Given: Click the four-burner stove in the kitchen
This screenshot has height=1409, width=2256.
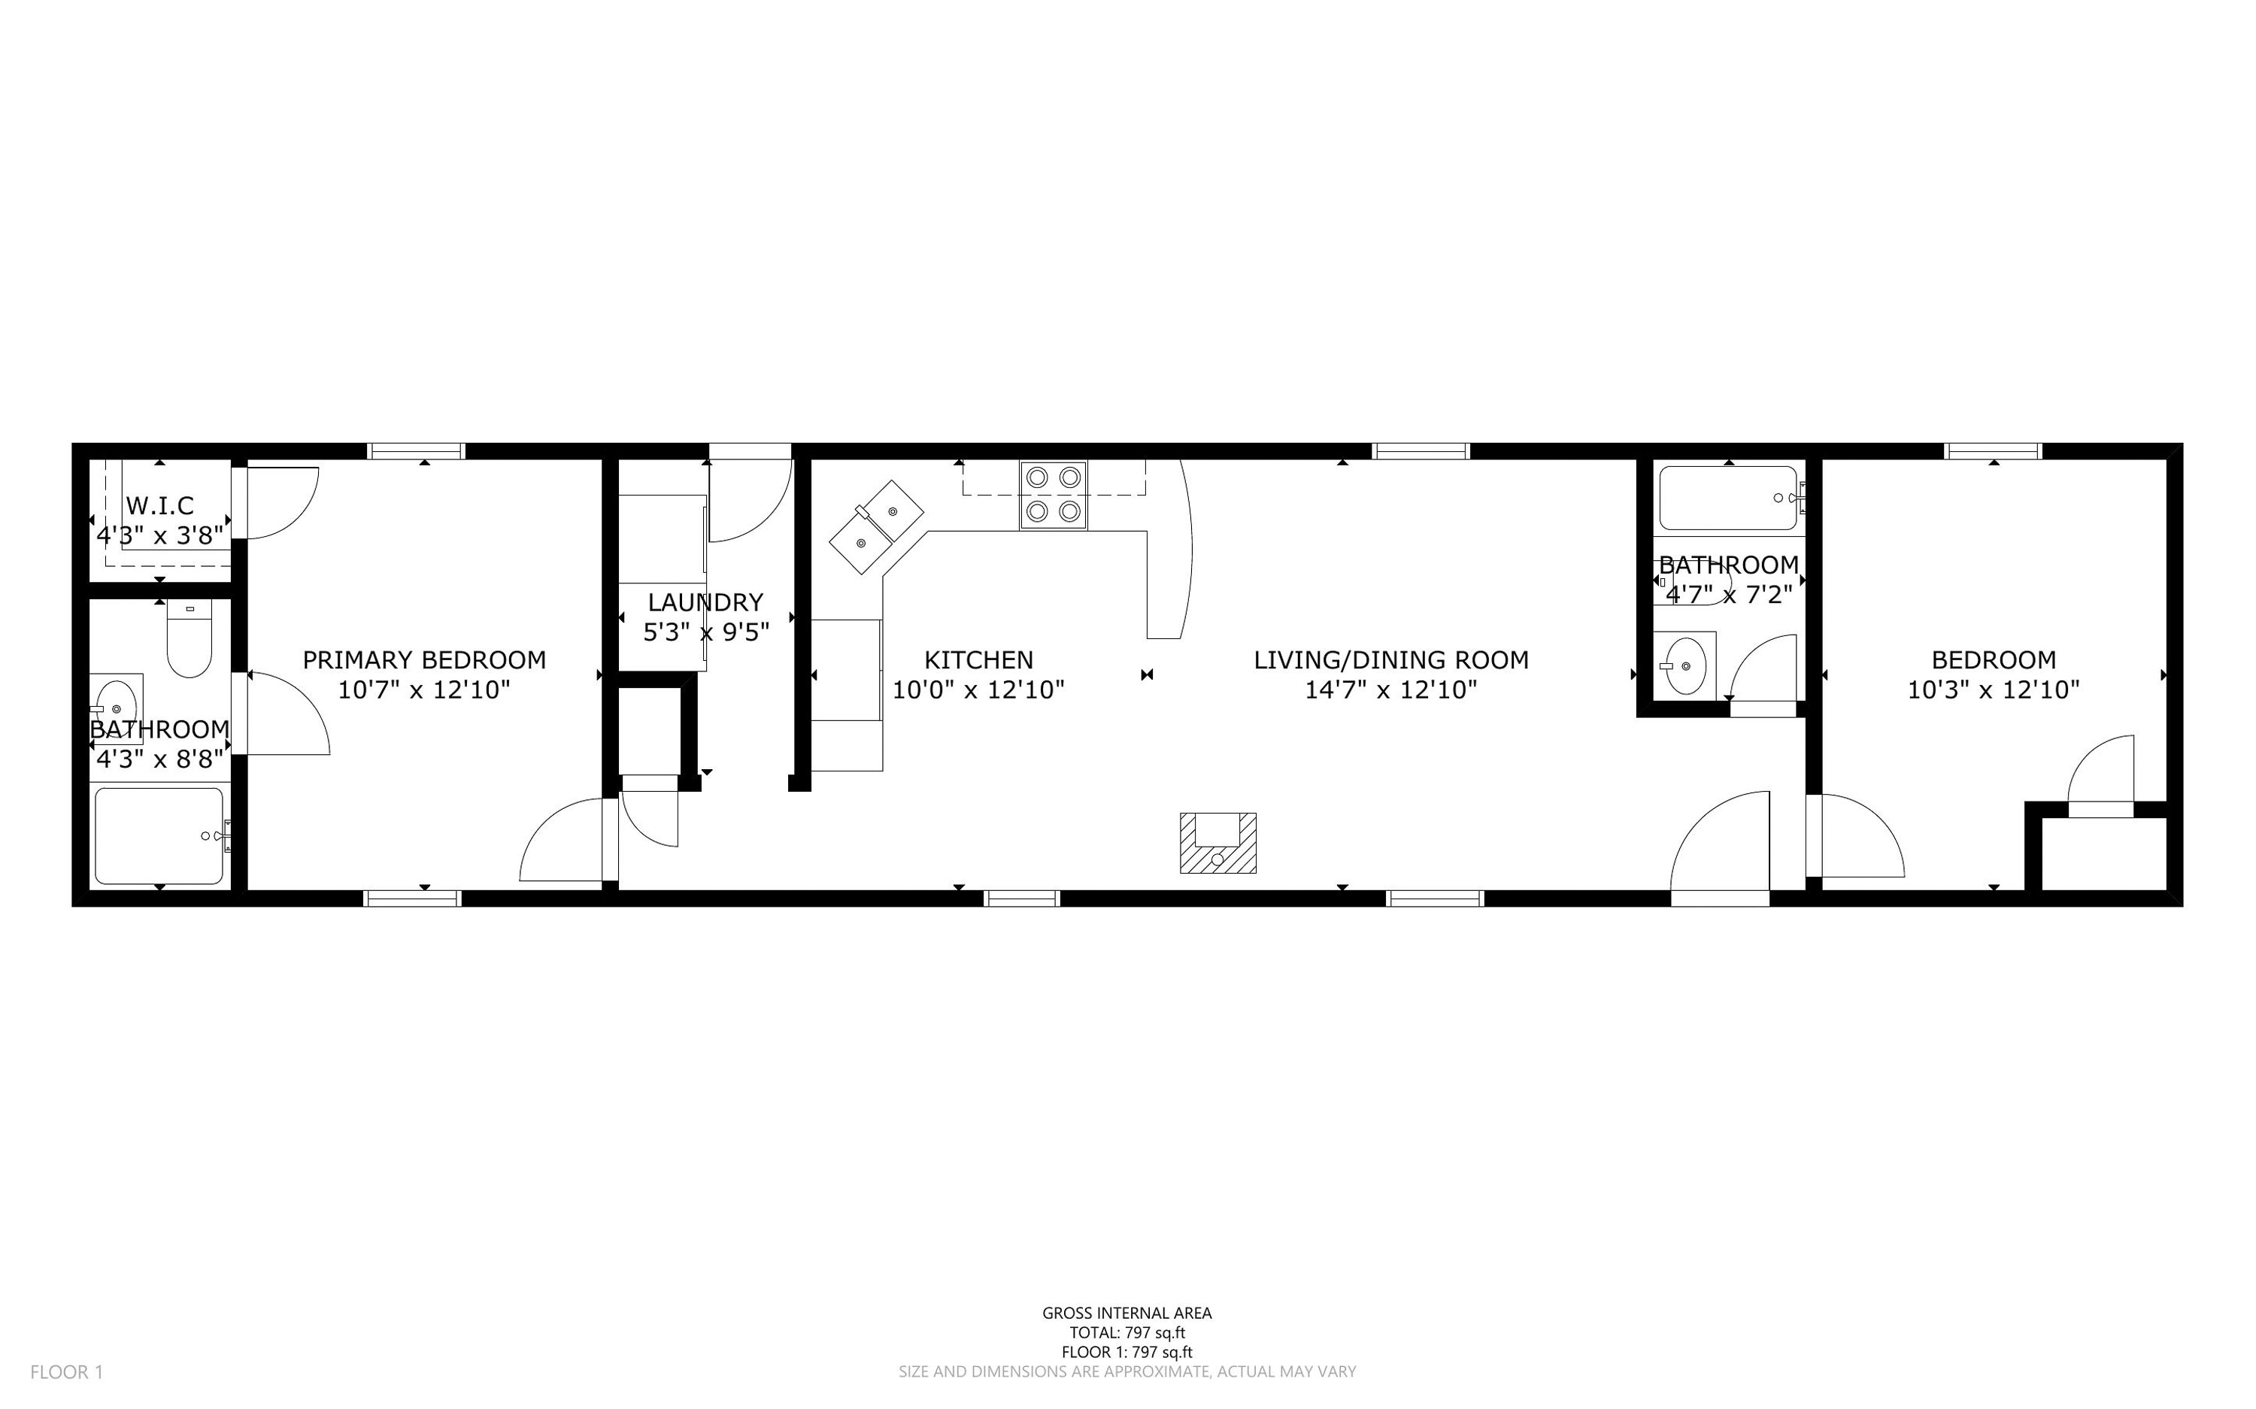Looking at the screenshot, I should (x=1053, y=495).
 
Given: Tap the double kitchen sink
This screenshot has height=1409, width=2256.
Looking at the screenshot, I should (x=876, y=526).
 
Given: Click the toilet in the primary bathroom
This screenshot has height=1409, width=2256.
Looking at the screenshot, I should (x=190, y=638).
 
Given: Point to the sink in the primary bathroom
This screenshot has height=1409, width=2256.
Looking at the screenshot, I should (x=117, y=700).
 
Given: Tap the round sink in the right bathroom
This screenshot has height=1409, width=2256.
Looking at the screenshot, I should (x=1684, y=665).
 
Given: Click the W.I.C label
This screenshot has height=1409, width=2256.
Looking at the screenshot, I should (x=159, y=505).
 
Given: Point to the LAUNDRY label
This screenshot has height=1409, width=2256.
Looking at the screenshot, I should (x=705, y=602).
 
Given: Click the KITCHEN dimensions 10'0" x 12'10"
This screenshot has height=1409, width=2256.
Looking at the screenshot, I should (x=978, y=689).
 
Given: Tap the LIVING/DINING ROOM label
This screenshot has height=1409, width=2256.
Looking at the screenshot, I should (x=1390, y=660).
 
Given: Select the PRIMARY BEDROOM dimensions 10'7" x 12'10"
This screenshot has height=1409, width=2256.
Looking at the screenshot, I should (x=424, y=689).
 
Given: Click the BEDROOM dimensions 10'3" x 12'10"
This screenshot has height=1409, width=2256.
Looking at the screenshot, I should (x=1994, y=689).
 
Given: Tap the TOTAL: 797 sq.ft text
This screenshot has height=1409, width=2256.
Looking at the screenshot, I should (x=1126, y=1332).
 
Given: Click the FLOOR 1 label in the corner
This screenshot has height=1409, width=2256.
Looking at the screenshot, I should (x=66, y=1371).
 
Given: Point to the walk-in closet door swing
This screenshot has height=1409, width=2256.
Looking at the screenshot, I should (x=280, y=503).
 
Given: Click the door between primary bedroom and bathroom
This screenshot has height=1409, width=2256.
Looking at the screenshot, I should (x=284, y=713).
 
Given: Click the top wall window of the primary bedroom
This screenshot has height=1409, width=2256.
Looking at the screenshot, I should (x=417, y=451).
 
